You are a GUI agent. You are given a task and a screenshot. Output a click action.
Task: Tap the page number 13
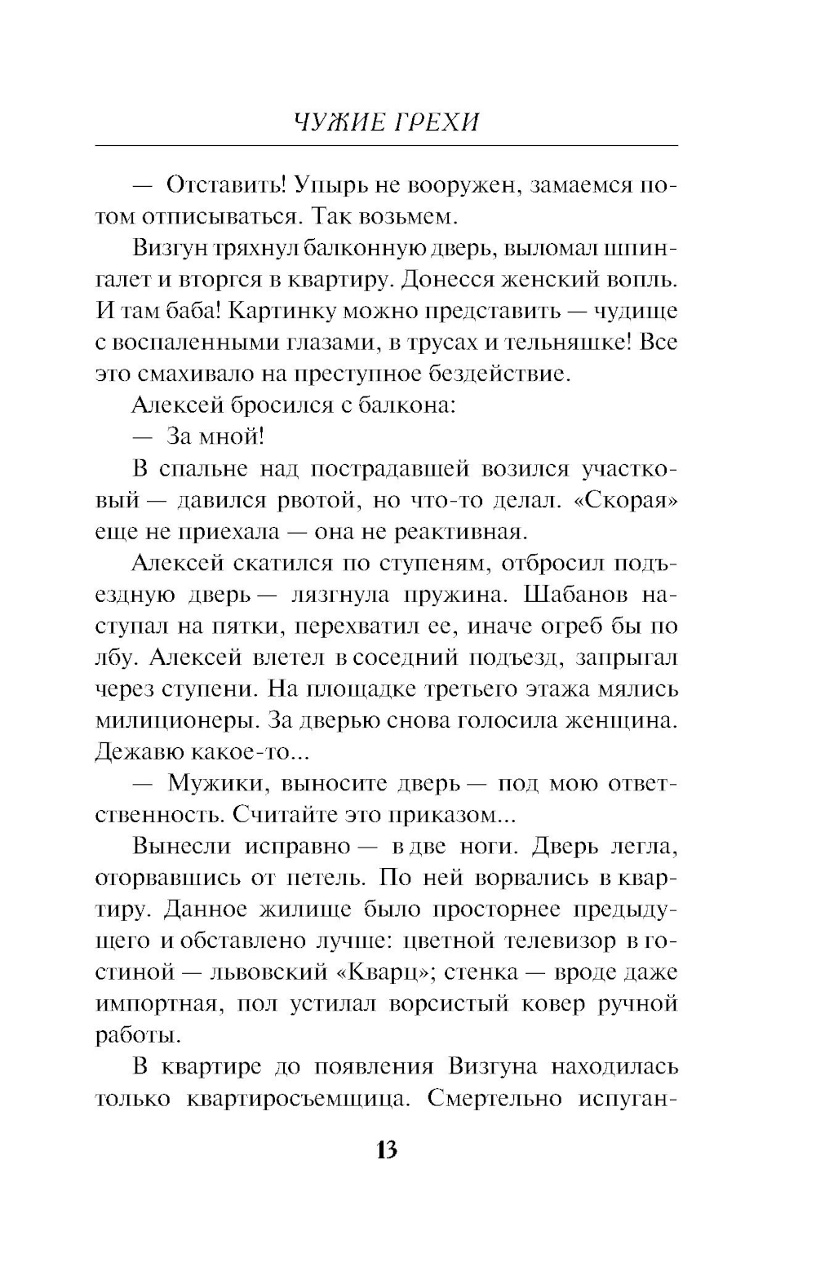pos(386,1150)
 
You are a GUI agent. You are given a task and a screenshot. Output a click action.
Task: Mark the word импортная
pos(158,1004)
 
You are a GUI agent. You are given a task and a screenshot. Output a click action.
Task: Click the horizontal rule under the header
pos(386,146)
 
